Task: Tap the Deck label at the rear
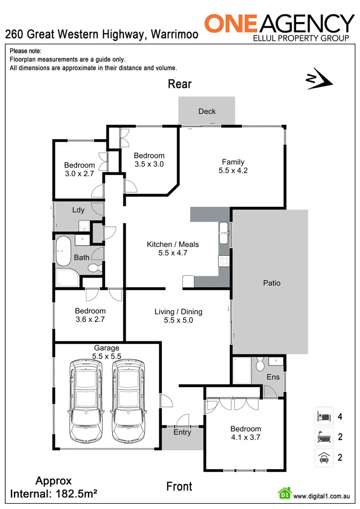(207, 111)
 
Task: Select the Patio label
(271, 283)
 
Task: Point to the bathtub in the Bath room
(62, 251)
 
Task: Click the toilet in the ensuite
(259, 365)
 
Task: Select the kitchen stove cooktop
(224, 261)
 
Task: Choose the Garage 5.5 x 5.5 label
(107, 352)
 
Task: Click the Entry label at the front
(182, 432)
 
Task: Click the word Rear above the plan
(180, 84)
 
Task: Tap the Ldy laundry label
(78, 210)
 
